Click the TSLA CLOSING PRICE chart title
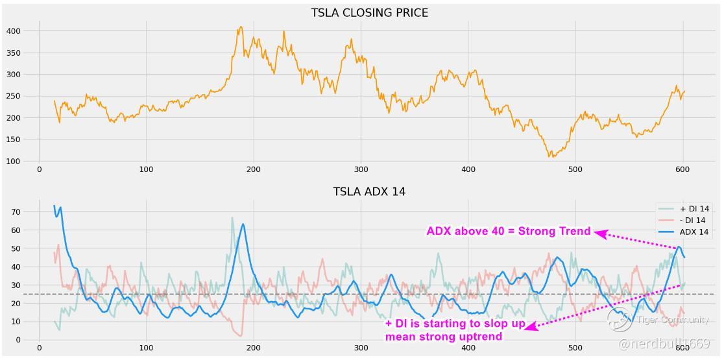pyautogui.click(x=369, y=13)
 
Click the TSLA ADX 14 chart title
pyautogui.click(x=369, y=191)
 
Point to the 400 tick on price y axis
pyautogui.click(x=14, y=31)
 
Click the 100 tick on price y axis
pyautogui.click(x=14, y=162)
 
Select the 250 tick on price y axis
pyautogui.click(x=14, y=96)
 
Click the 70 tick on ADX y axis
pyautogui.click(x=16, y=212)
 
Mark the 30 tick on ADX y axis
pyautogui.click(x=16, y=285)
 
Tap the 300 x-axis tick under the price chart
pyautogui.click(x=361, y=170)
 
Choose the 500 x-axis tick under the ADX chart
pyautogui.click(x=575, y=348)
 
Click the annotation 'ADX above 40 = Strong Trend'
pyautogui.click(x=508, y=232)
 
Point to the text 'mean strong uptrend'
pyautogui.click(x=444, y=337)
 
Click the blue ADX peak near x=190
pyautogui.click(x=243, y=224)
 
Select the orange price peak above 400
pyautogui.click(x=241, y=27)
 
